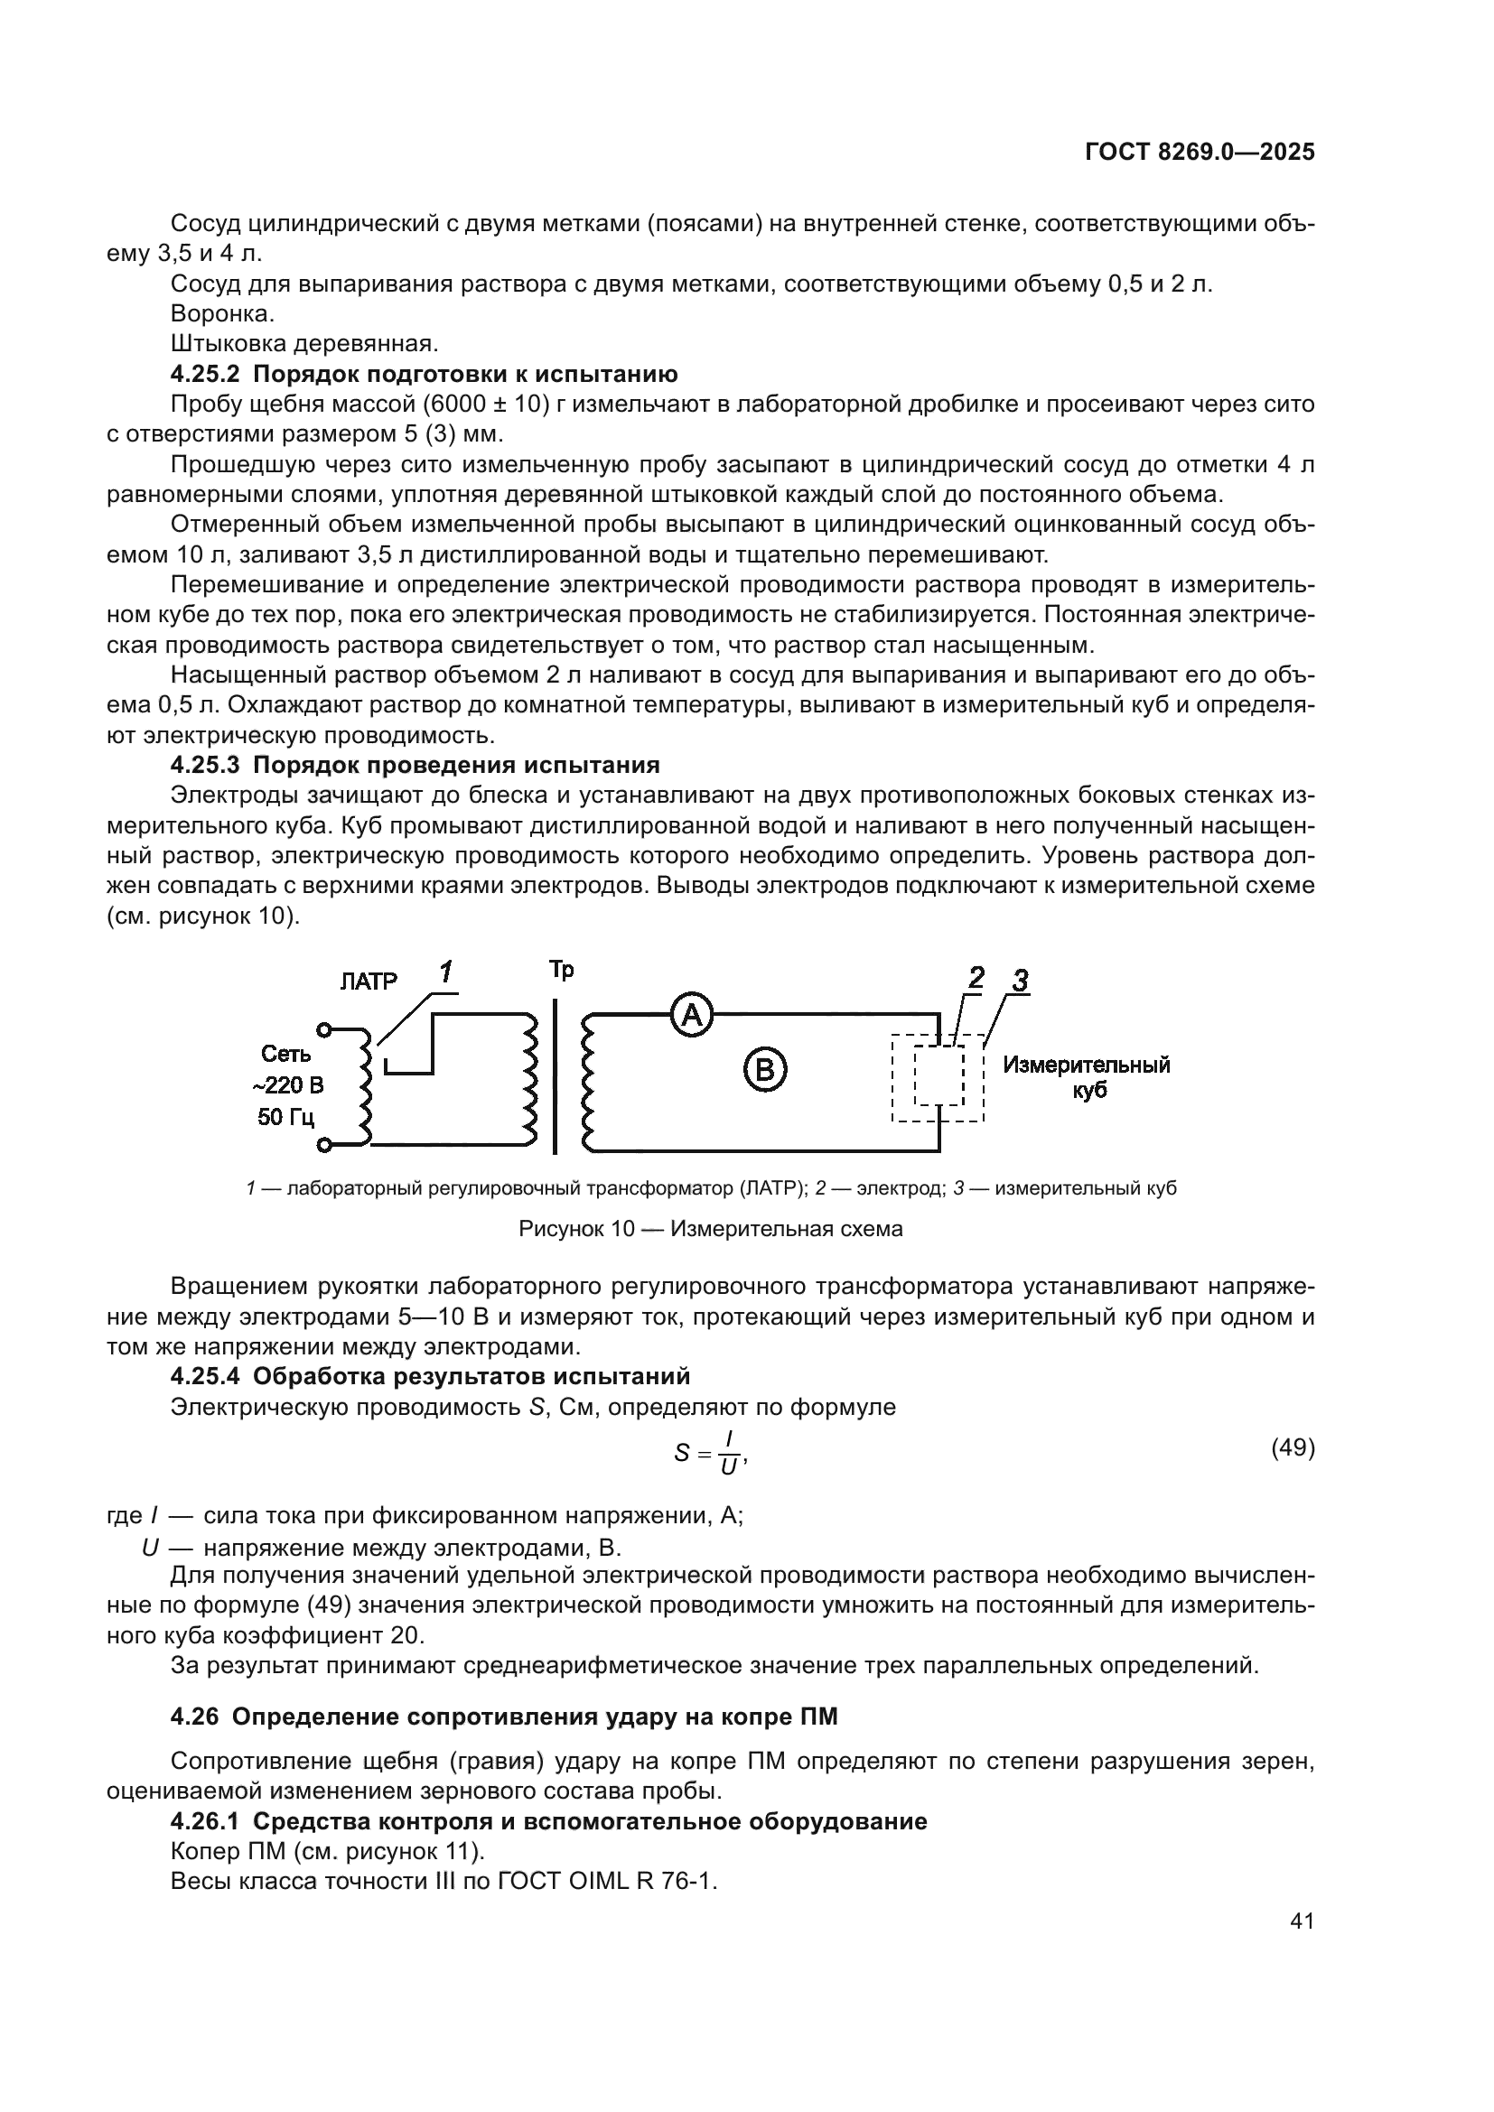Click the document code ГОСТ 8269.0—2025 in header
pos(1200,153)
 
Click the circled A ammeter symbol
pos(691,1015)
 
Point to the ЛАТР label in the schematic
pos(368,982)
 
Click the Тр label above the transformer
pos(561,970)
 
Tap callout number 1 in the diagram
pos(446,972)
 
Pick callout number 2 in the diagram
pos(976,978)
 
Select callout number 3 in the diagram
pos(1019,982)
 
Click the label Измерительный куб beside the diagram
pos(1087,1077)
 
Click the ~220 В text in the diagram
pos(288,1085)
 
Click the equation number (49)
pos(1293,1448)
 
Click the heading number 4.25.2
pos(206,375)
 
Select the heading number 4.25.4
pos(206,1377)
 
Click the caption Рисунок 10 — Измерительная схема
pos(710,1229)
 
